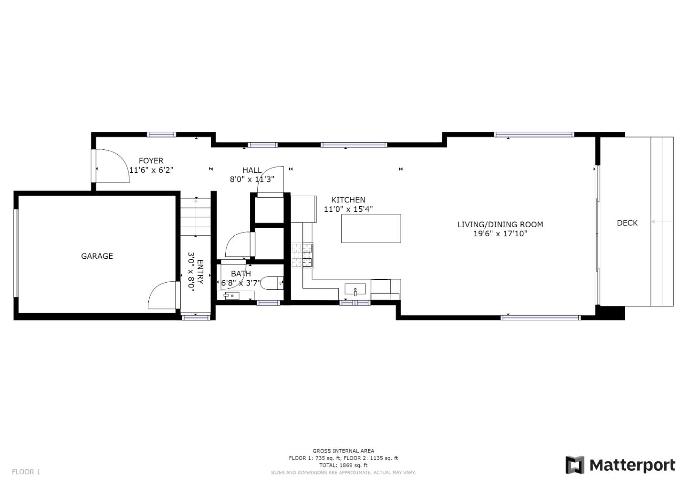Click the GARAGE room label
click(x=97, y=256)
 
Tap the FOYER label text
click(x=151, y=160)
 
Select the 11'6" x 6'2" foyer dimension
click(x=151, y=170)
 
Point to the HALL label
click(x=252, y=170)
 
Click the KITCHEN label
click(x=348, y=200)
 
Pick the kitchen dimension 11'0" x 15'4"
click(x=348, y=209)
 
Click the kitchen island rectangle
click(x=371, y=228)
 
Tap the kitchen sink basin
click(x=355, y=289)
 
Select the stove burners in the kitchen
click(x=302, y=255)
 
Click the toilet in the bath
click(x=272, y=283)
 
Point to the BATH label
click(x=241, y=274)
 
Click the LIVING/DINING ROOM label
click(x=500, y=224)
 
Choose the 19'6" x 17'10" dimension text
click(x=500, y=234)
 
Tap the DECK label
click(x=627, y=223)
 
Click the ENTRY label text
click(x=200, y=272)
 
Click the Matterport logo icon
click(x=575, y=465)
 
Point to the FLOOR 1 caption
click(x=26, y=472)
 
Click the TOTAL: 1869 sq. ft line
click(x=343, y=465)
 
